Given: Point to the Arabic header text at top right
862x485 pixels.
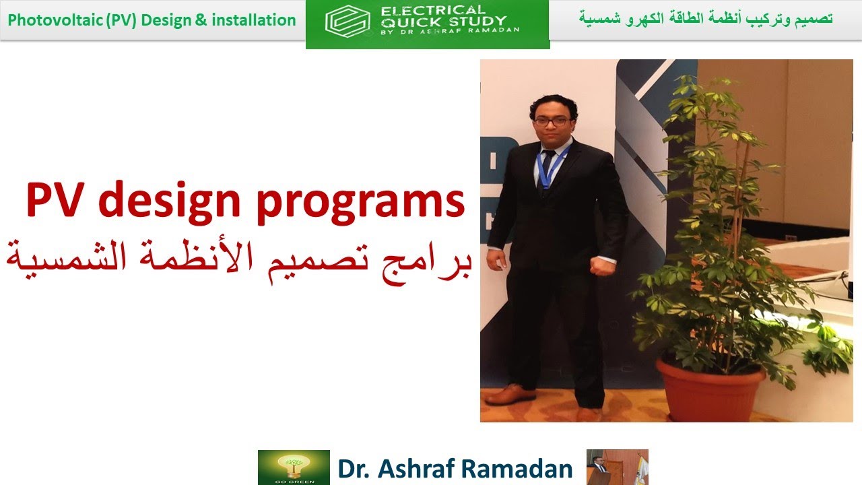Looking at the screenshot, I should pos(705,18).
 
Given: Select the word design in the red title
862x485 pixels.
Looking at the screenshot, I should pos(172,200).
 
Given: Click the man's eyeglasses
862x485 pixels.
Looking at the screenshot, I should pos(552,121).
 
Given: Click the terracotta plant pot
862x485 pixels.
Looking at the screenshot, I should pos(710,389).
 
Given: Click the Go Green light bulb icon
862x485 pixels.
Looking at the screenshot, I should pos(294,467).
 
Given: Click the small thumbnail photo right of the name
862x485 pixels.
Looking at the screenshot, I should pos(617,467).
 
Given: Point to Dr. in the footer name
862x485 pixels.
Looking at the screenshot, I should pos(354,468).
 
